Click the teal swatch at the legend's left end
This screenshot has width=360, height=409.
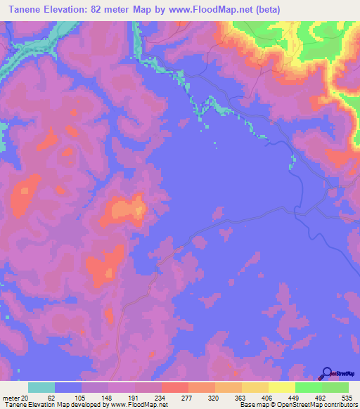pyautogui.click(x=41, y=387)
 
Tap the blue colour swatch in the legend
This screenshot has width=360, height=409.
pyautogui.click(x=68, y=387)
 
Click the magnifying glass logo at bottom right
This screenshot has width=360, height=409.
pyautogui.click(x=328, y=375)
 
